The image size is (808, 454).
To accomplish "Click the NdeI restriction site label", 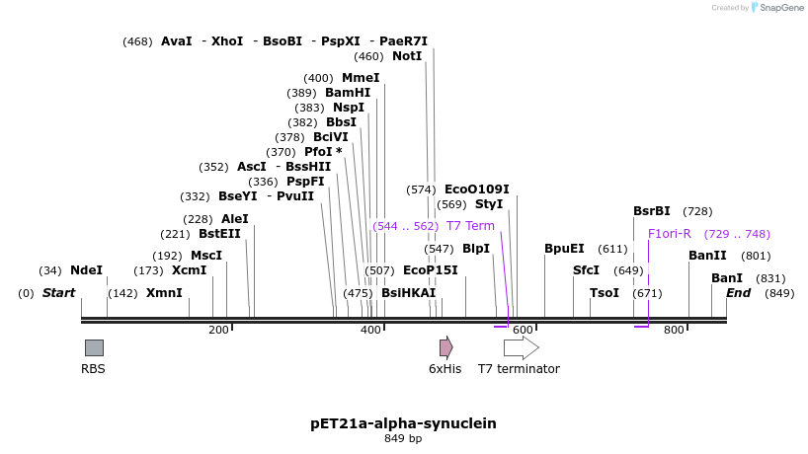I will point(86,270).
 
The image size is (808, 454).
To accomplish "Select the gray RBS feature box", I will point(94,347).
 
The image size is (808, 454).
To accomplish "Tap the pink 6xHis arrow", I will point(445,347).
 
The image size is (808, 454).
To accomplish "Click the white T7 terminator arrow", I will point(521,347).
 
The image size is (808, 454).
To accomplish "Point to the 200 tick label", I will point(218,330).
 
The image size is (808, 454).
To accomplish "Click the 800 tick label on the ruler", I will point(675,330).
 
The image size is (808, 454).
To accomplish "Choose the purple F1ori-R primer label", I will point(670,234).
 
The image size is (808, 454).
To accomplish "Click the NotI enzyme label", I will point(407,56).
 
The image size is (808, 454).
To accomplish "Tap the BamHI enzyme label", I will point(348,93).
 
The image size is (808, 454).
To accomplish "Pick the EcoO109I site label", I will point(476,189).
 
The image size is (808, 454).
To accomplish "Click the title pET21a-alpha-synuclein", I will point(403,423).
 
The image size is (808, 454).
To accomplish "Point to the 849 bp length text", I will point(403,439).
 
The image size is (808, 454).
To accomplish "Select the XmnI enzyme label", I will point(164,293).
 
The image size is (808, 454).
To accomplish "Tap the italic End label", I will point(738,293).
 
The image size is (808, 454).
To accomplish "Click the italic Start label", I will point(58,293).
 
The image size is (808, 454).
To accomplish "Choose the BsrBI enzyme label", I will point(652,211).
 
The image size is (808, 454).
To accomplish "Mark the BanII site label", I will point(707,256).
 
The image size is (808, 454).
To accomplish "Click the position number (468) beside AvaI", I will point(137,41).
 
